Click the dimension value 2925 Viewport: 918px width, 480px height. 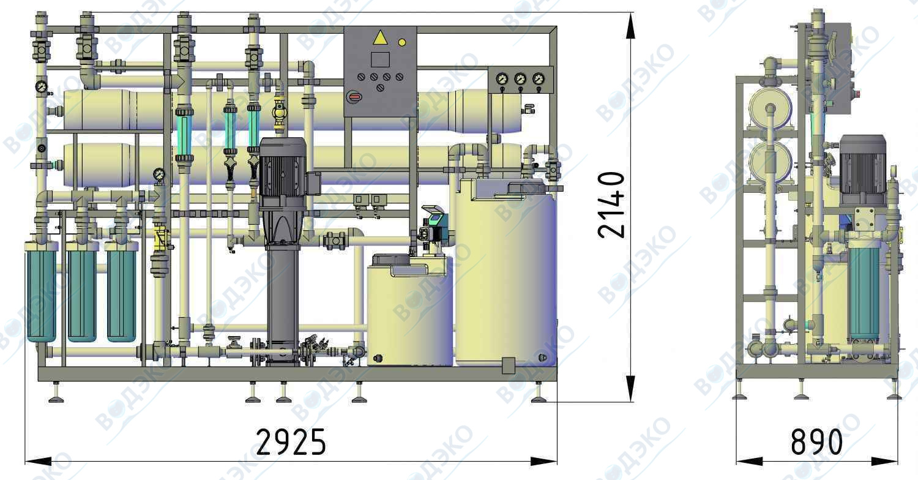pos(291,442)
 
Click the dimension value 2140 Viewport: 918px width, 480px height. pos(611,205)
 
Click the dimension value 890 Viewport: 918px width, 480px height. pos(816,442)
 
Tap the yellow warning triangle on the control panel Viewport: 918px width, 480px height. pos(380,38)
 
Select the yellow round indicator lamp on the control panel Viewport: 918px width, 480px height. pos(402,42)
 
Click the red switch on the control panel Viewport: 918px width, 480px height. pos(354,97)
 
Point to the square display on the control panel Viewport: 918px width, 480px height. pos(380,59)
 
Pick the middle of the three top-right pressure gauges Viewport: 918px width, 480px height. pos(520,79)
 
